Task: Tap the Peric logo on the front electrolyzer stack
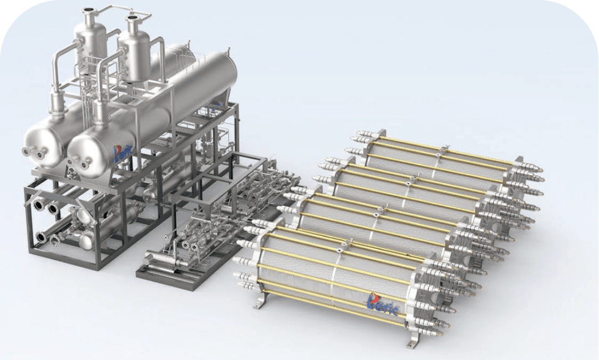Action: [382, 304]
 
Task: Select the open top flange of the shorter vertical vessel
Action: [133, 18]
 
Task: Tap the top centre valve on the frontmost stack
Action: [345, 245]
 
